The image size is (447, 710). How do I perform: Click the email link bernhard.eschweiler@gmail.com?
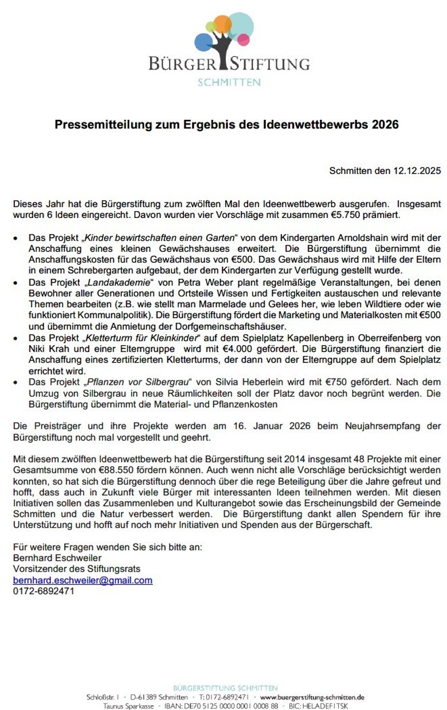click(83, 580)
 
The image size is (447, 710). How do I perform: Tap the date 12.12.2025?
click(417, 171)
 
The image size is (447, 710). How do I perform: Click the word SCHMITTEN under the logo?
click(229, 82)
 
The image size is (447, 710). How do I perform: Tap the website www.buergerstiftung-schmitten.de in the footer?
click(312, 697)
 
